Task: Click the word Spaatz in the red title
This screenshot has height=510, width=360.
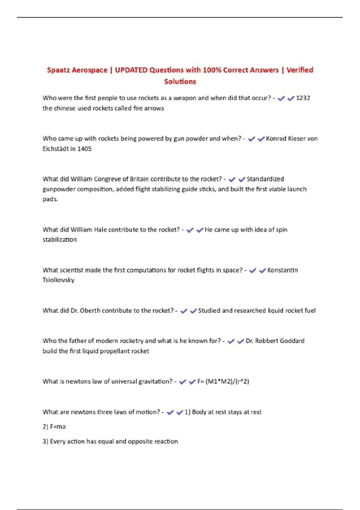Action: tap(58, 70)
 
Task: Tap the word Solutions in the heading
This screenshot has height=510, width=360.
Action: tap(180, 81)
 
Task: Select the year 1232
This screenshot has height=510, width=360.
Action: tap(303, 98)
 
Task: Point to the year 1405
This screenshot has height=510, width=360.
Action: tap(84, 148)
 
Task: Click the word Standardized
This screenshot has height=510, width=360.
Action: tap(265, 179)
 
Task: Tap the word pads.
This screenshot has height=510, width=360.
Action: tap(50, 199)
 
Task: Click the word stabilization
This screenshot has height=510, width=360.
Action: tap(59, 239)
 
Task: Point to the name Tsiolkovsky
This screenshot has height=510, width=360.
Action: tap(58, 280)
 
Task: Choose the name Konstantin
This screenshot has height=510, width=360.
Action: tap(283, 270)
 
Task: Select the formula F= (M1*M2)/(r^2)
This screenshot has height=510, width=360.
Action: tap(223, 381)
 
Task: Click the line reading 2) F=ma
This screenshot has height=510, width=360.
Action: tap(54, 427)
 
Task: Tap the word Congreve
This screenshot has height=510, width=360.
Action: tap(109, 179)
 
